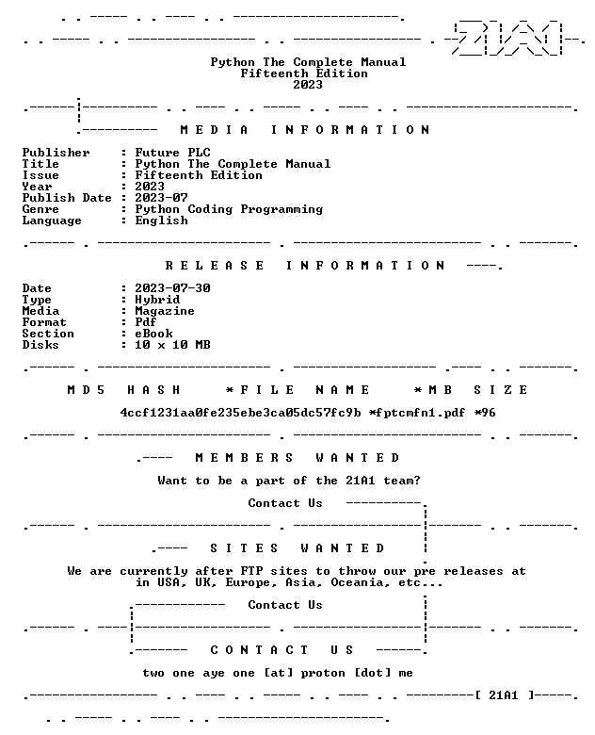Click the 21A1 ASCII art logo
pos(508,39)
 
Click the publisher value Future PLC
pos(173,153)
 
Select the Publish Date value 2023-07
pos(161,198)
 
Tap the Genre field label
pos(40,209)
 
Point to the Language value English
pos(161,220)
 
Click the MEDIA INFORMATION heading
pos(305,130)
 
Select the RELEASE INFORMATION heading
pos(305,266)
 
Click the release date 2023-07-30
pos(172,288)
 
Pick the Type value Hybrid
pos(157,300)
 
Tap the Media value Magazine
pos(165,311)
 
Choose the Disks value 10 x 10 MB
pos(172,345)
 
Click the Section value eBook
pos(153,334)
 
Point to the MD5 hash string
pos(241,413)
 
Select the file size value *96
pos(485,413)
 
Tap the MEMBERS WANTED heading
pos(297,458)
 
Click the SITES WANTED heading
pos(297,548)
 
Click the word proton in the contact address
pos(323,673)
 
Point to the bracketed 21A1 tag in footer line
pos(504,695)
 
